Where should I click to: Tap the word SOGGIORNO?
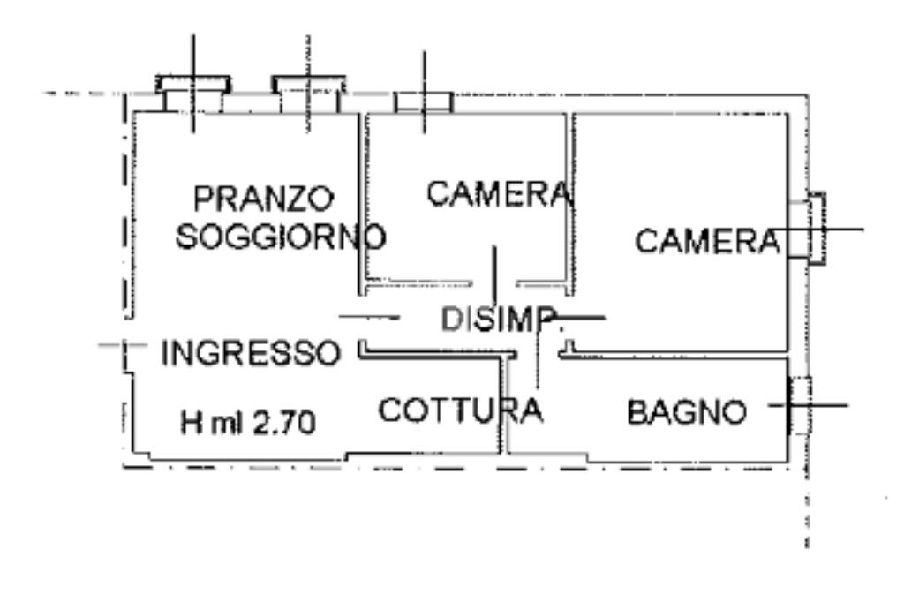point(281,237)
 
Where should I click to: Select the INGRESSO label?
point(251,353)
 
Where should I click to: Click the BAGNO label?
point(687,411)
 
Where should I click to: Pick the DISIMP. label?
point(499,320)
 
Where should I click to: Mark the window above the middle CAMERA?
point(423,102)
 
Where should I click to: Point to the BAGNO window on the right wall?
point(799,405)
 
